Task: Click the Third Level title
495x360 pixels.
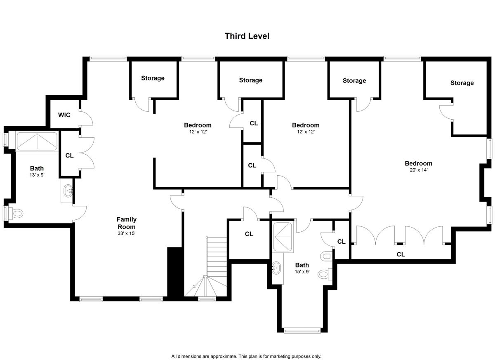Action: coord(247,36)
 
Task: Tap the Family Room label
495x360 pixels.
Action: coord(127,223)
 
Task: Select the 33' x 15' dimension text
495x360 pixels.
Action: coord(126,233)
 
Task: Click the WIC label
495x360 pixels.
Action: coord(64,115)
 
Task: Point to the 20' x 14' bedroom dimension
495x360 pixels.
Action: coord(419,170)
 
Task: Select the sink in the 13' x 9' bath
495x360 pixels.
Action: coord(68,191)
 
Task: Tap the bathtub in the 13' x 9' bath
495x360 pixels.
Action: coord(37,141)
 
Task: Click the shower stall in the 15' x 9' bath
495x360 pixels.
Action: coord(283,237)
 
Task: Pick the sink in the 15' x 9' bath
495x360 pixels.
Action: coord(276,268)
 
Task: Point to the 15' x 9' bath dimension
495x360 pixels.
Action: coord(302,271)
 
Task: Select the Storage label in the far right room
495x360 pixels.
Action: coord(462,83)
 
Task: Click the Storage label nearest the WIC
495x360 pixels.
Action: coord(153,78)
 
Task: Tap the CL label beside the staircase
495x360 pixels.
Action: coord(249,234)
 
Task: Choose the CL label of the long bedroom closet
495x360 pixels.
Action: coord(401,254)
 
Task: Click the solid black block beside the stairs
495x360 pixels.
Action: coord(175,272)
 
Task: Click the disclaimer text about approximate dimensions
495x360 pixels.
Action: coord(246,350)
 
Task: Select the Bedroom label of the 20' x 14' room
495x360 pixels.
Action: coord(419,163)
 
